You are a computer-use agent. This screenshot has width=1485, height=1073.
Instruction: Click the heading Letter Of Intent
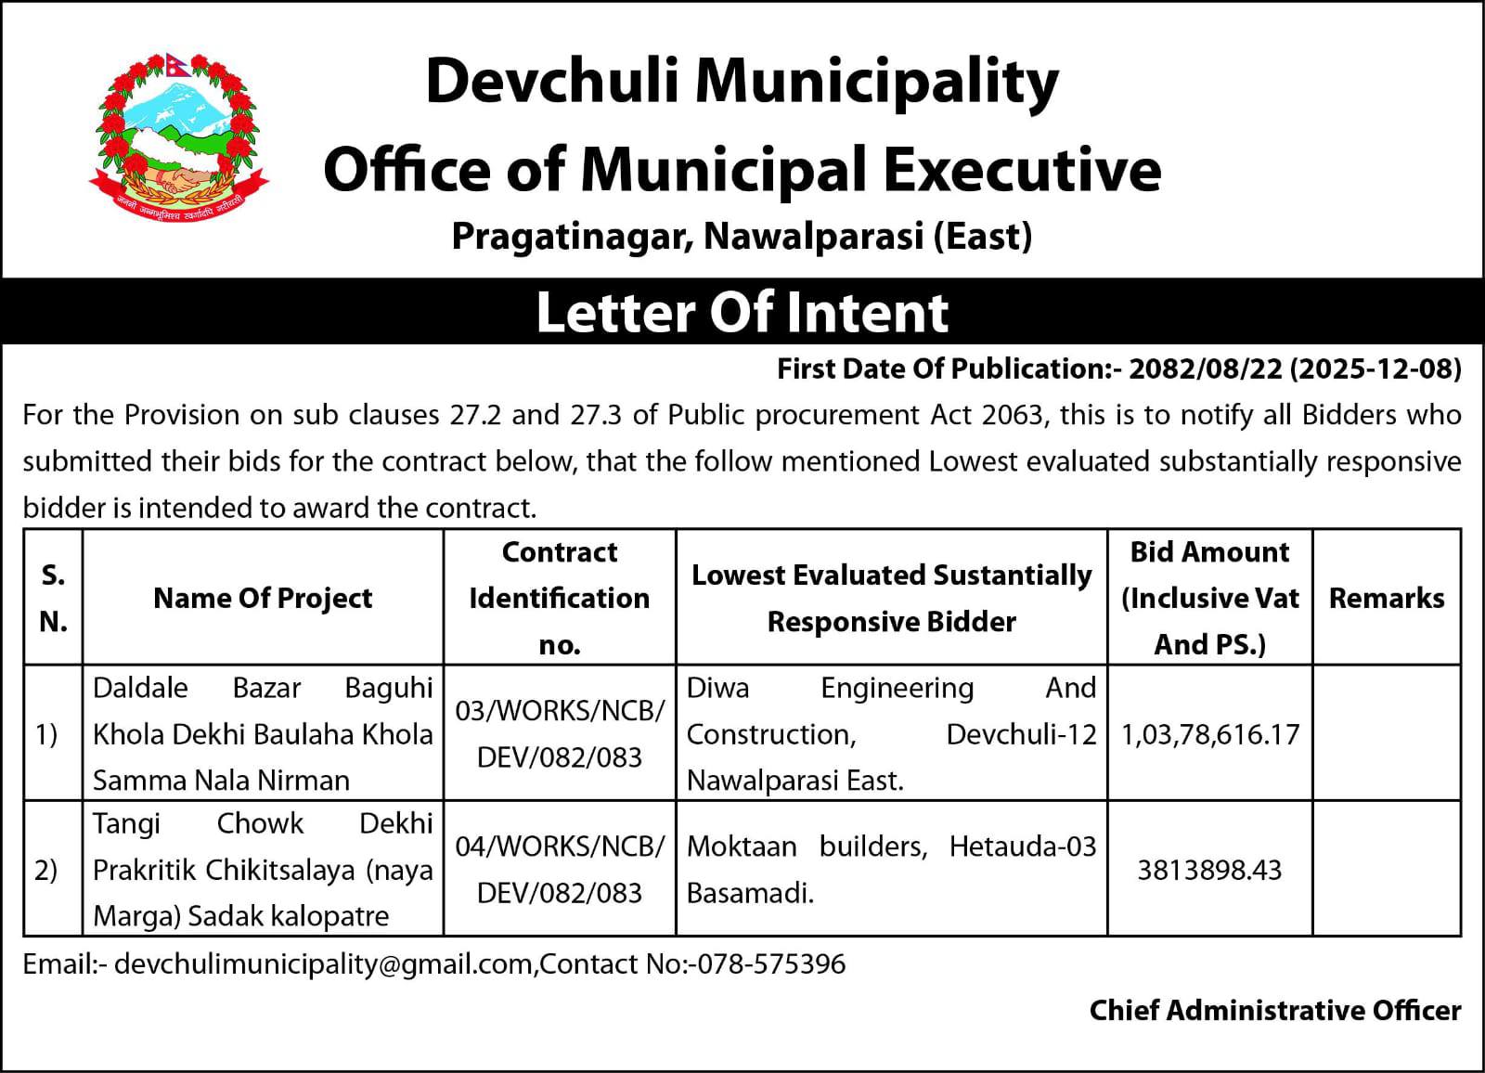(x=742, y=312)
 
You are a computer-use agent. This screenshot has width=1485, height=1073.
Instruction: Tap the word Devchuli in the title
(x=553, y=81)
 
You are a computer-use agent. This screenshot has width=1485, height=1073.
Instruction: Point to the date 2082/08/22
(x=1206, y=368)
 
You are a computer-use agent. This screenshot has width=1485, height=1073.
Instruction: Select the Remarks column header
(x=1387, y=598)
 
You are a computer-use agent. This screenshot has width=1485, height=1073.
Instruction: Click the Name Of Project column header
(x=263, y=598)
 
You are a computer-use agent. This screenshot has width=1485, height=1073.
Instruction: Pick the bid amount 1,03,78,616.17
(x=1209, y=734)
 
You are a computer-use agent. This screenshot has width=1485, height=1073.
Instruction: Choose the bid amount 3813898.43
(x=1209, y=870)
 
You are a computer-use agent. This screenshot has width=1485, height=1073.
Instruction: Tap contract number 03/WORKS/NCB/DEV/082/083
(x=560, y=734)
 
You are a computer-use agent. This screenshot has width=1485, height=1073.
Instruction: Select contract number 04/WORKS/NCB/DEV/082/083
(x=560, y=870)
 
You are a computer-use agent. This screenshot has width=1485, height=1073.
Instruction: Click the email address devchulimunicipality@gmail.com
(x=323, y=963)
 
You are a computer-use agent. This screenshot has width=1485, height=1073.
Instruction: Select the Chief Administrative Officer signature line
(x=1274, y=1010)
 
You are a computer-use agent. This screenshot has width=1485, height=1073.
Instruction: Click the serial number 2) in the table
(x=46, y=870)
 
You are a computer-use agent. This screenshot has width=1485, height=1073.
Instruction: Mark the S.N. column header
(x=53, y=598)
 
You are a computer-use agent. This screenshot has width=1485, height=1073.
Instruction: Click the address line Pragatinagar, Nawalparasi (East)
(x=742, y=237)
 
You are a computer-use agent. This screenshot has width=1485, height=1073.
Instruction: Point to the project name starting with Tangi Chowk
(x=263, y=870)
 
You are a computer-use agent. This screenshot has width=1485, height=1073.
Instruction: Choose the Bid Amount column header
(x=1209, y=598)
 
